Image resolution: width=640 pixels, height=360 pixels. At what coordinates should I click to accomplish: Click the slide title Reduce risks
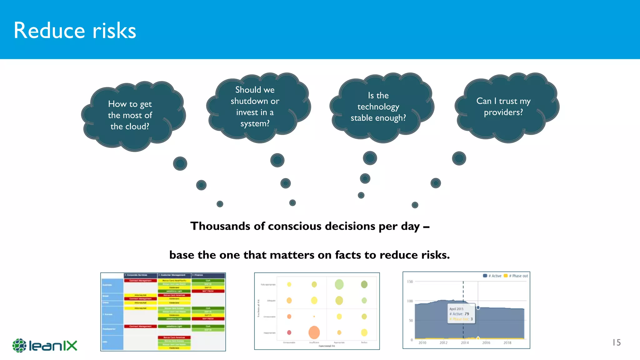[x=75, y=31]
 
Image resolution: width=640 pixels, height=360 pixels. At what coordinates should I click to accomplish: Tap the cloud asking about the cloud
[x=130, y=115]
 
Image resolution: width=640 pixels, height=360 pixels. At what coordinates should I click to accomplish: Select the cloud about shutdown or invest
[x=255, y=107]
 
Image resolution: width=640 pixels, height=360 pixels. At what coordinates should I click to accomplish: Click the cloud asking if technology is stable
[x=378, y=107]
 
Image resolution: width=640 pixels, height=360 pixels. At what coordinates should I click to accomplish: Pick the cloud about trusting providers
[x=503, y=107]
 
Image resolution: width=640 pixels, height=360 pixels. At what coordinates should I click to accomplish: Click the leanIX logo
[x=45, y=345]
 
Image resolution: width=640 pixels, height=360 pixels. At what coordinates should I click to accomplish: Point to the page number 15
[x=616, y=342]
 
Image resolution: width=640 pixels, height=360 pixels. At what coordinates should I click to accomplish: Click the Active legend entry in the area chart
[x=492, y=276]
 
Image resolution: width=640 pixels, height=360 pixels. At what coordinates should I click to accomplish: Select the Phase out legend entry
[x=516, y=276]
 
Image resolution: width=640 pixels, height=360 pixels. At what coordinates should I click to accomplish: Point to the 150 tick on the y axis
[x=410, y=282]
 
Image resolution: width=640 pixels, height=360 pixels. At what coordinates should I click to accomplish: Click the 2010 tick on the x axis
[x=422, y=343]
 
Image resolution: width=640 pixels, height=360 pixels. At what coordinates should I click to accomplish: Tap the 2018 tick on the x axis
[x=507, y=343]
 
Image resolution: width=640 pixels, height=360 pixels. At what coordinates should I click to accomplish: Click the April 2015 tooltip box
[x=461, y=313]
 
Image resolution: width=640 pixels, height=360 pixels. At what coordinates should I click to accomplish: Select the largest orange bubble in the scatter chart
[x=314, y=332]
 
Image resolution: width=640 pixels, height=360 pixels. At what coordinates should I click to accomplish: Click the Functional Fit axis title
[x=327, y=346]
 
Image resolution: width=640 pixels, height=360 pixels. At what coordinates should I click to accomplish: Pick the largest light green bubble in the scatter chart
[x=339, y=284]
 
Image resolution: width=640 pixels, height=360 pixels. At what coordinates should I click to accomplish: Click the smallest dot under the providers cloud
[x=415, y=205]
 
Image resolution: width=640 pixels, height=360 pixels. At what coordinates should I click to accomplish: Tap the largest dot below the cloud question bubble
[x=180, y=163]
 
